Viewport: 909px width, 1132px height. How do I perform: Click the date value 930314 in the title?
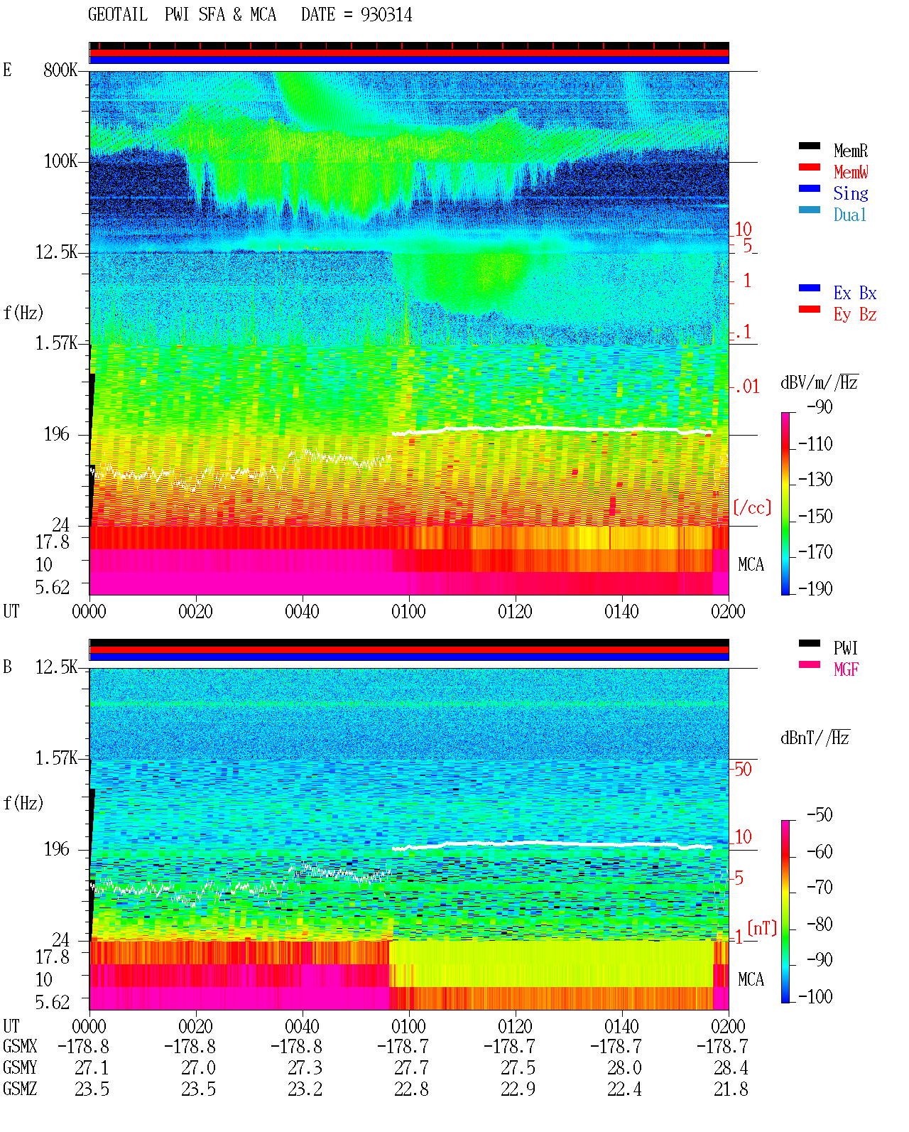tap(386, 14)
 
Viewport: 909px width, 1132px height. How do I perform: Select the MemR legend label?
tap(851, 151)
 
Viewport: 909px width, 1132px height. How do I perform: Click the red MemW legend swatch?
tap(809, 167)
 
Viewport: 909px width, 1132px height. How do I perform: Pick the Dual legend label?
tap(850, 215)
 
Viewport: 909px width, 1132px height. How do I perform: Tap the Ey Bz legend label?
tap(855, 314)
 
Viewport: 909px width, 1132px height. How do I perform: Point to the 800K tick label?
tap(60, 70)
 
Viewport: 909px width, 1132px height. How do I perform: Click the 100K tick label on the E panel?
tap(60, 161)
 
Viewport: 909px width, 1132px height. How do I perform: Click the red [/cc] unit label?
tap(752, 507)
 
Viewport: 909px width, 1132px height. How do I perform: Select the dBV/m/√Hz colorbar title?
tap(820, 382)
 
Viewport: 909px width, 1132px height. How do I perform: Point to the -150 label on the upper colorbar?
tap(815, 516)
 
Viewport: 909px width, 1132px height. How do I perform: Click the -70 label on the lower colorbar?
tap(820, 888)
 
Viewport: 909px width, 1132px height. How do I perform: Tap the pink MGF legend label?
tap(847, 669)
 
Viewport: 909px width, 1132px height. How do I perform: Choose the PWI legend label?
tap(846, 647)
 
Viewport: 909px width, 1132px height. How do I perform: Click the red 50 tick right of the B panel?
tap(743, 769)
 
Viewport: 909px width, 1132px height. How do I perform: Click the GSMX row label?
tap(20, 1046)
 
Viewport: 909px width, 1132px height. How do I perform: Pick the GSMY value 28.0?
tap(624, 1067)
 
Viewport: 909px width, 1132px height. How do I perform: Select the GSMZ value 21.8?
tap(731, 1089)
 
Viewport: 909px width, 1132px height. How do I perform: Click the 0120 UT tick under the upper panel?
tap(516, 611)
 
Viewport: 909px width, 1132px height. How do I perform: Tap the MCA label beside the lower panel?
tap(751, 979)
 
